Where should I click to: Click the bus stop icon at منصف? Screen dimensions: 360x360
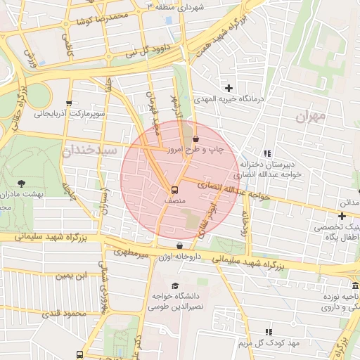[174, 189]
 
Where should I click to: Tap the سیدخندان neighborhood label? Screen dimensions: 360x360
[89, 150]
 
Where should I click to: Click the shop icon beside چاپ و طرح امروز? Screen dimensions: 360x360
[195, 139]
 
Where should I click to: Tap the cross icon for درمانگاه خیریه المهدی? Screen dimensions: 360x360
[229, 88]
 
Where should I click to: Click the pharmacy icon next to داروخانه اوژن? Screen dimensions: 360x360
[180, 246]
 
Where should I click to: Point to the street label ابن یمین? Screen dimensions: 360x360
[75, 275]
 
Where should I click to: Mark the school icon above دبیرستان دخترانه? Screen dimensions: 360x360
[267, 153]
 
